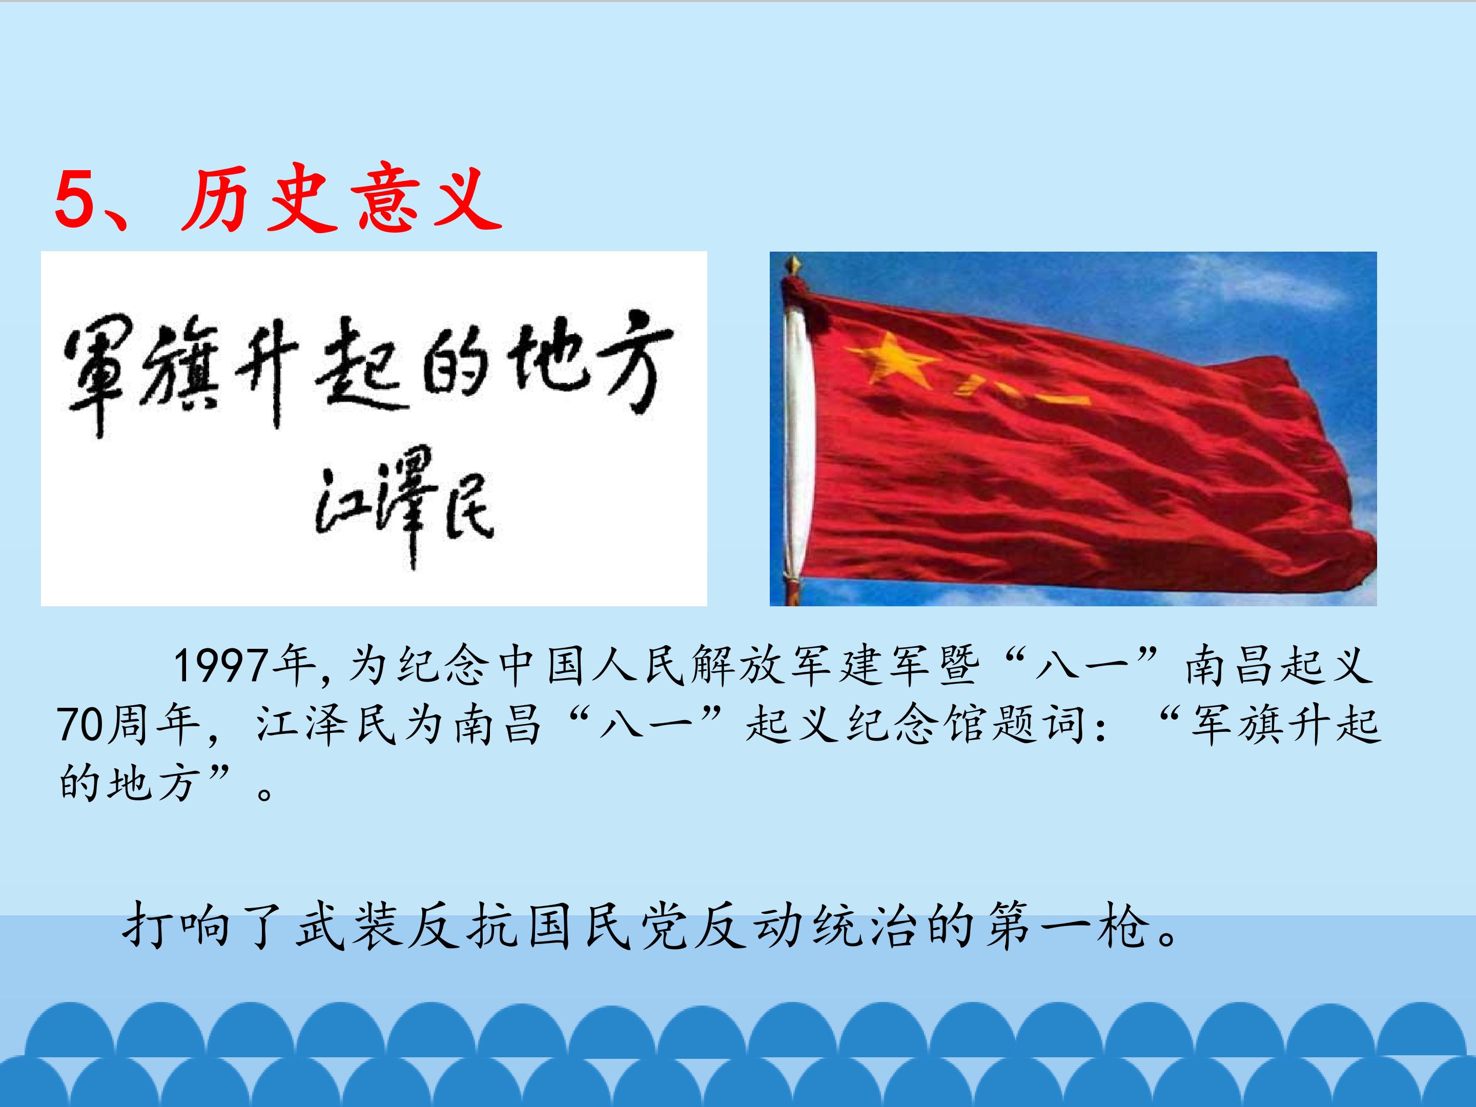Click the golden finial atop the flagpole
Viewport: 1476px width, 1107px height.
(x=793, y=264)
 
